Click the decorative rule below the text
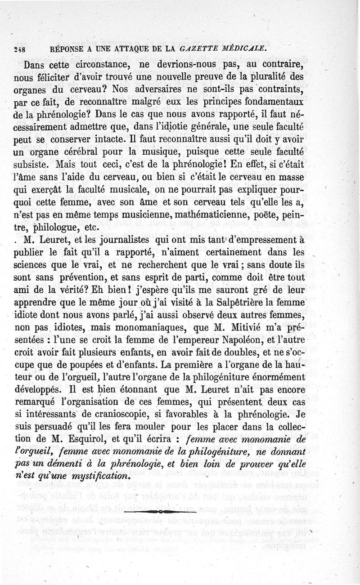[x=160, y=512]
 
